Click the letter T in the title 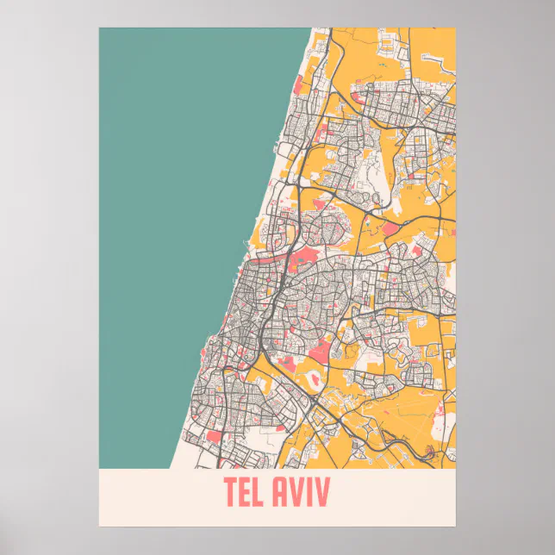click(x=231, y=494)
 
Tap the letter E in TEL click(x=246, y=494)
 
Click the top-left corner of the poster click(x=99, y=28)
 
